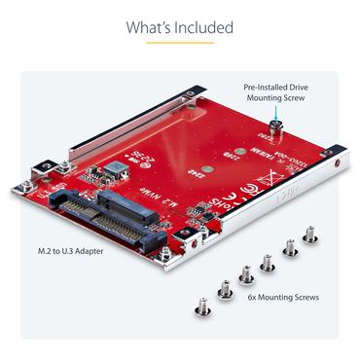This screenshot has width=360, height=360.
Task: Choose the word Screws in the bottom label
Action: (x=306, y=297)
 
